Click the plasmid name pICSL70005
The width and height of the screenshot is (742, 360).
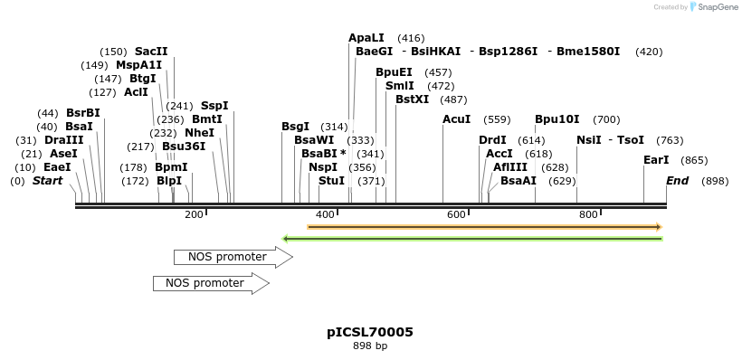pos(370,332)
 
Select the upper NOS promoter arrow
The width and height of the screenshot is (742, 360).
pos(232,257)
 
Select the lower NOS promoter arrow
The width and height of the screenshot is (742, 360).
pos(210,283)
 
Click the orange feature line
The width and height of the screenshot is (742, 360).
pos(484,227)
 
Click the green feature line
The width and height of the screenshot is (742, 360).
pos(472,239)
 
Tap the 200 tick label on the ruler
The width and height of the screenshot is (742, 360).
pos(194,214)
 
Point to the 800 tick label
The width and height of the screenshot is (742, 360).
pos(588,214)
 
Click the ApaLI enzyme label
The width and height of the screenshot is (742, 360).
pos(366,38)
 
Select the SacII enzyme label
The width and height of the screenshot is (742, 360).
pos(151,52)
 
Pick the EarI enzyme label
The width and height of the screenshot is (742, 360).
pos(656,160)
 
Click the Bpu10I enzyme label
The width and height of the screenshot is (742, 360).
pos(556,119)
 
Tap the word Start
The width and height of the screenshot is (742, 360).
pos(48,181)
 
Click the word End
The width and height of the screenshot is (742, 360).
pos(677,181)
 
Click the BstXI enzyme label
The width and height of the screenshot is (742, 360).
pos(412,99)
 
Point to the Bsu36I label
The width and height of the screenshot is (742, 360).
pos(184,147)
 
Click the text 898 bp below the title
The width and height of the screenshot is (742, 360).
pos(370,346)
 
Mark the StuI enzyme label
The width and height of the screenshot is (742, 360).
pos(331,181)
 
